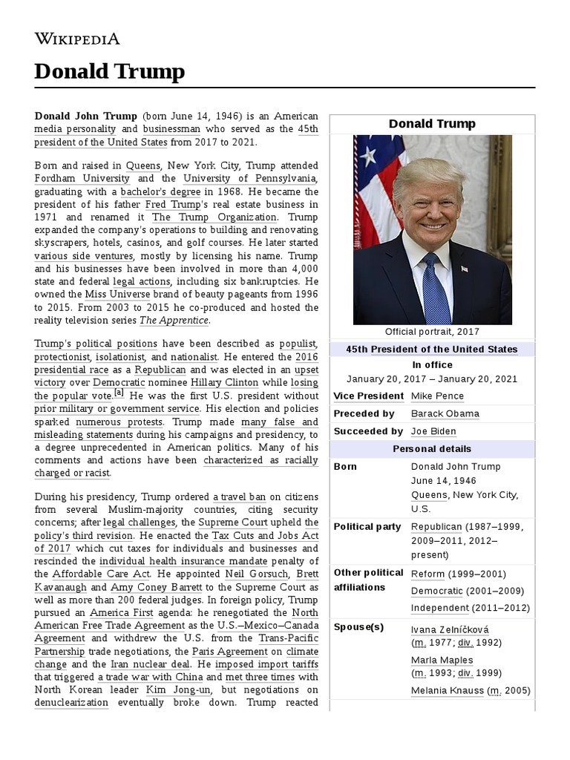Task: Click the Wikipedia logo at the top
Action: coord(77,39)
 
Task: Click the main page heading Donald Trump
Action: coord(109,72)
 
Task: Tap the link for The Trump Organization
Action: coord(214,217)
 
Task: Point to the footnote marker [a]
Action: coord(119,393)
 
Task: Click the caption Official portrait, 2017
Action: coord(432,332)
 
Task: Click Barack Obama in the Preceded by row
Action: coord(445,413)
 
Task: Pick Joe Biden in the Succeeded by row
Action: coord(433,431)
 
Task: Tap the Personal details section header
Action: coord(432,449)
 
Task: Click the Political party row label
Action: coord(367,527)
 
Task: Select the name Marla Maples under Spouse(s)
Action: coord(442,660)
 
